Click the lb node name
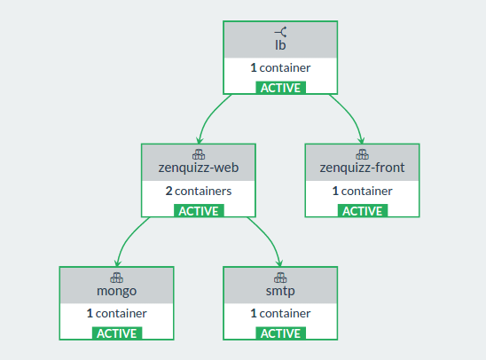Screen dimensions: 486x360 (x=280, y=45)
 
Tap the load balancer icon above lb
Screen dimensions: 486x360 (x=280, y=32)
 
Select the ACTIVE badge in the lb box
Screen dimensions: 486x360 (x=280, y=88)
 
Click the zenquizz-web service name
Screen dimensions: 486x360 (x=199, y=168)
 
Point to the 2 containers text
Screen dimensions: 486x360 (x=199, y=191)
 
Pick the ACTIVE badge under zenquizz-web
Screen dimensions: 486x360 (x=199, y=211)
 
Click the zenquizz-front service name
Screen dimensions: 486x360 (x=362, y=168)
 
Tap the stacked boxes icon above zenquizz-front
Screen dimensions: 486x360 (x=362, y=154)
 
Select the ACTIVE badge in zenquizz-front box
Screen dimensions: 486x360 (x=363, y=211)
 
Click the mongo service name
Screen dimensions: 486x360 (x=116, y=291)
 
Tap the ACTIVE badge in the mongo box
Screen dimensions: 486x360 (x=117, y=333)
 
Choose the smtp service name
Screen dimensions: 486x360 (x=280, y=291)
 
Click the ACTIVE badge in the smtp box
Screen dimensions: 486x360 (x=280, y=333)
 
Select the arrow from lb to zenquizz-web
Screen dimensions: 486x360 (x=209, y=115)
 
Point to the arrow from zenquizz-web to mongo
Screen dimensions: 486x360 (x=128, y=239)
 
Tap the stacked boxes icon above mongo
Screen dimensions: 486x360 (x=116, y=278)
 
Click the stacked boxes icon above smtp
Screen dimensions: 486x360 (x=280, y=278)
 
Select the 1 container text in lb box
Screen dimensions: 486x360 (x=280, y=68)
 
